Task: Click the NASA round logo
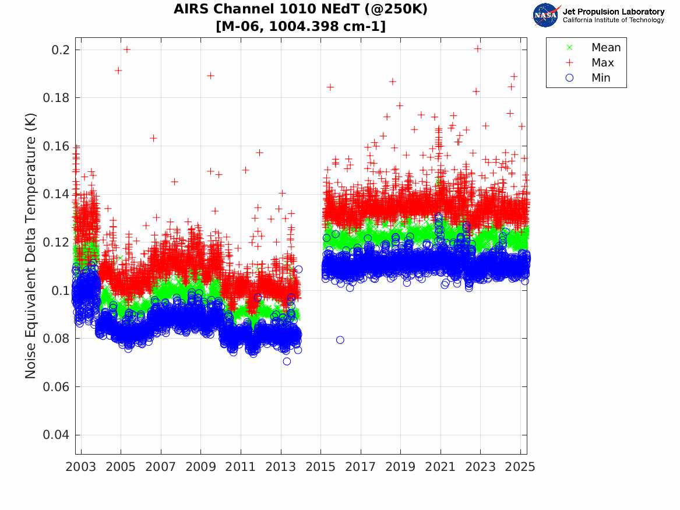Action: click(x=547, y=15)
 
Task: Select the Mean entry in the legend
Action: click(x=605, y=48)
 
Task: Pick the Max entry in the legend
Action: click(x=602, y=63)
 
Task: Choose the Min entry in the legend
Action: click(x=601, y=78)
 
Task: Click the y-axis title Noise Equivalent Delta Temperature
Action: click(x=31, y=246)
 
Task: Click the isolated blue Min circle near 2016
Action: click(x=340, y=340)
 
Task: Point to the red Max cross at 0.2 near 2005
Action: click(x=127, y=50)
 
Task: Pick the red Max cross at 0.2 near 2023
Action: click(x=478, y=48)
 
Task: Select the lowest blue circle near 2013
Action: click(x=287, y=361)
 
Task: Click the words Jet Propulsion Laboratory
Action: click(x=613, y=12)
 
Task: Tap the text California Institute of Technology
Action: click(x=613, y=20)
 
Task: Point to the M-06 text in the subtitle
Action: click(x=236, y=26)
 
